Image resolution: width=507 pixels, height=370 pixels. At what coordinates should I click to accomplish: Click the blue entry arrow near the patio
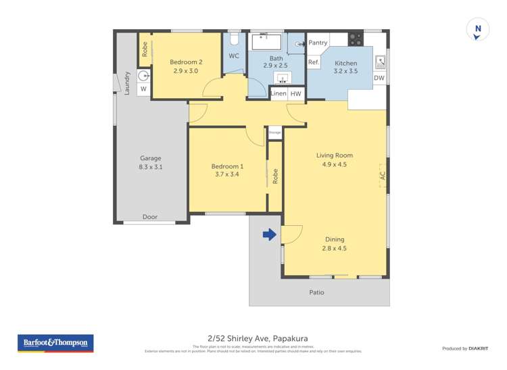coord(269,235)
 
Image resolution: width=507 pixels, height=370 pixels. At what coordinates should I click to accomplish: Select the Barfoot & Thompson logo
coord(55,343)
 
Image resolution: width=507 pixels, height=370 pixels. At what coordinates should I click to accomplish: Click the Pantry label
coord(318,43)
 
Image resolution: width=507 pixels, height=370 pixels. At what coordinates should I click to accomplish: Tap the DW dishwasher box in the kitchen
coord(379,78)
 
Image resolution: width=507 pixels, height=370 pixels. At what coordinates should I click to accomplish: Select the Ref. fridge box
coord(314,62)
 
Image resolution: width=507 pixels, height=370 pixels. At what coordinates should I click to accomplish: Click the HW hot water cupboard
coord(295,94)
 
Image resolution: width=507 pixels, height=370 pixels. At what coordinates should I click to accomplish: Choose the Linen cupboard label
coord(279,94)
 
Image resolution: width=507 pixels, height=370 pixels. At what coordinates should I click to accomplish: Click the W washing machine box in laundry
coord(143,89)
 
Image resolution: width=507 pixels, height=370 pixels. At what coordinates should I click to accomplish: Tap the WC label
coord(234,56)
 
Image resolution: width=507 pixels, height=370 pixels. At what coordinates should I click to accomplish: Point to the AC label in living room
coord(382,175)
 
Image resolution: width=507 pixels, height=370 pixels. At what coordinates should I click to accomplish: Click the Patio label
coord(316,292)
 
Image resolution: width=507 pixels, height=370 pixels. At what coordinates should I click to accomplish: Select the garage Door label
coord(150,217)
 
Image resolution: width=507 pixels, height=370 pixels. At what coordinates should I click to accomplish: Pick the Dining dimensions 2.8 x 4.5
coord(334,248)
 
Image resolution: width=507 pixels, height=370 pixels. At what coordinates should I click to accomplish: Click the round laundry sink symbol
coord(143,76)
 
